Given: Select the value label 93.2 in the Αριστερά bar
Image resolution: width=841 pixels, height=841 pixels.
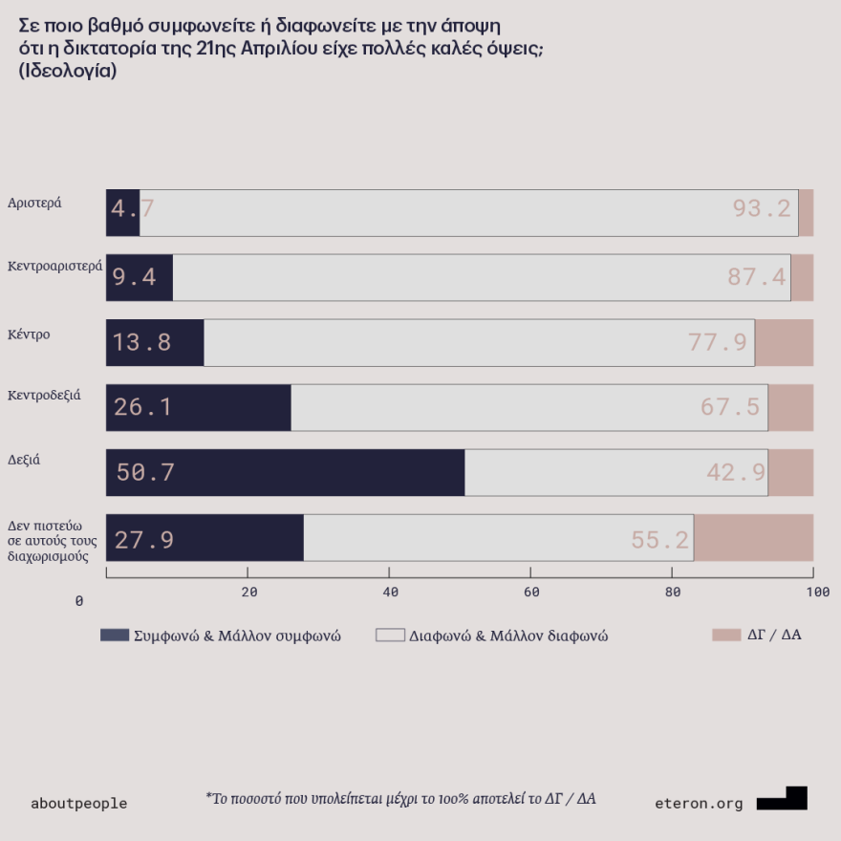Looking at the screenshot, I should point(762,208).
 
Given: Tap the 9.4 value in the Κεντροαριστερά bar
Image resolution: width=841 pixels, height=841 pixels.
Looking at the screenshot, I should point(134,277).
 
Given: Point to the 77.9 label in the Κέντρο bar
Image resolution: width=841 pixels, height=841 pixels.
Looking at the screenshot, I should point(718,342).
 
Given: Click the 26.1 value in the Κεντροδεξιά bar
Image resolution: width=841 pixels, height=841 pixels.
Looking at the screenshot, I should point(142,407).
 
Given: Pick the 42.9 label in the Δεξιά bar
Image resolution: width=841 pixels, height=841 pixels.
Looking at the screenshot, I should point(736,472).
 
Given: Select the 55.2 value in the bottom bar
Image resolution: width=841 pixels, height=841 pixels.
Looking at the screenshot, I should point(659,540).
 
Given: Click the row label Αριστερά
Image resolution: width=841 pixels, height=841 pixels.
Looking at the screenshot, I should point(34,203).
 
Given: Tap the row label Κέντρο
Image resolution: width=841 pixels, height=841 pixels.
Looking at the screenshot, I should point(29,334).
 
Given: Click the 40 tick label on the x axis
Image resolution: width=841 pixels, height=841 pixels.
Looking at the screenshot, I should point(390,593).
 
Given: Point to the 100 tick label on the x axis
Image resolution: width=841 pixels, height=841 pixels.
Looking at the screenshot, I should point(818,593).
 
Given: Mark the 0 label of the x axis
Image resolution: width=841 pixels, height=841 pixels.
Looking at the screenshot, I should point(79,601).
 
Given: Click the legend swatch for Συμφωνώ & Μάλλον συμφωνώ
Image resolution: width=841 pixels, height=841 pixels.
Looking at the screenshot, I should point(114,636).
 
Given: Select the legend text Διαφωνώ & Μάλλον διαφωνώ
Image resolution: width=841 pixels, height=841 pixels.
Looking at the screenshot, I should point(508,636).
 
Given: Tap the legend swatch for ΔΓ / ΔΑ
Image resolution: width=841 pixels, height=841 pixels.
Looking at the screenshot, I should point(726,635).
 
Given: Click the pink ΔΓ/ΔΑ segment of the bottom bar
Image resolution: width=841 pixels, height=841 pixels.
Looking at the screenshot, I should point(753,538).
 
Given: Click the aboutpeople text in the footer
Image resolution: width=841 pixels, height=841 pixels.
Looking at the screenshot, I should point(78,804).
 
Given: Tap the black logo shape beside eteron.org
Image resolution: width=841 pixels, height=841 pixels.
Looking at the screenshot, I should point(783,799).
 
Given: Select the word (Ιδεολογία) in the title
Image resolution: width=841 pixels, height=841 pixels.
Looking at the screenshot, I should point(68,72).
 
